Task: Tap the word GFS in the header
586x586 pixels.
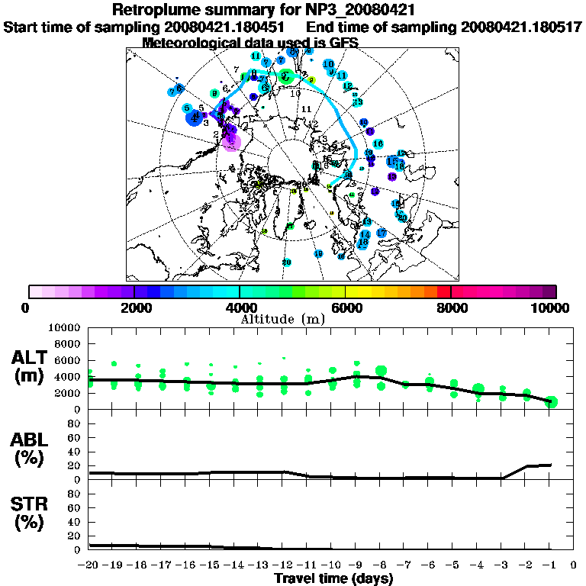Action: point(343,43)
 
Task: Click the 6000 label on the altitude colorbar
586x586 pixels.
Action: point(345,308)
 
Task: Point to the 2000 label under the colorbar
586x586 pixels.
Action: point(134,308)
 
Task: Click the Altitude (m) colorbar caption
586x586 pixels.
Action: point(285,318)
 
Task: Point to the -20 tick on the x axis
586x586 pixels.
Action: point(89,565)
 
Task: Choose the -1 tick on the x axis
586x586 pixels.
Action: point(550,565)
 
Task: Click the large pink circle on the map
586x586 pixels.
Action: point(232,141)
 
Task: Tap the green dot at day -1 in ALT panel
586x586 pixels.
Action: point(551,402)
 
